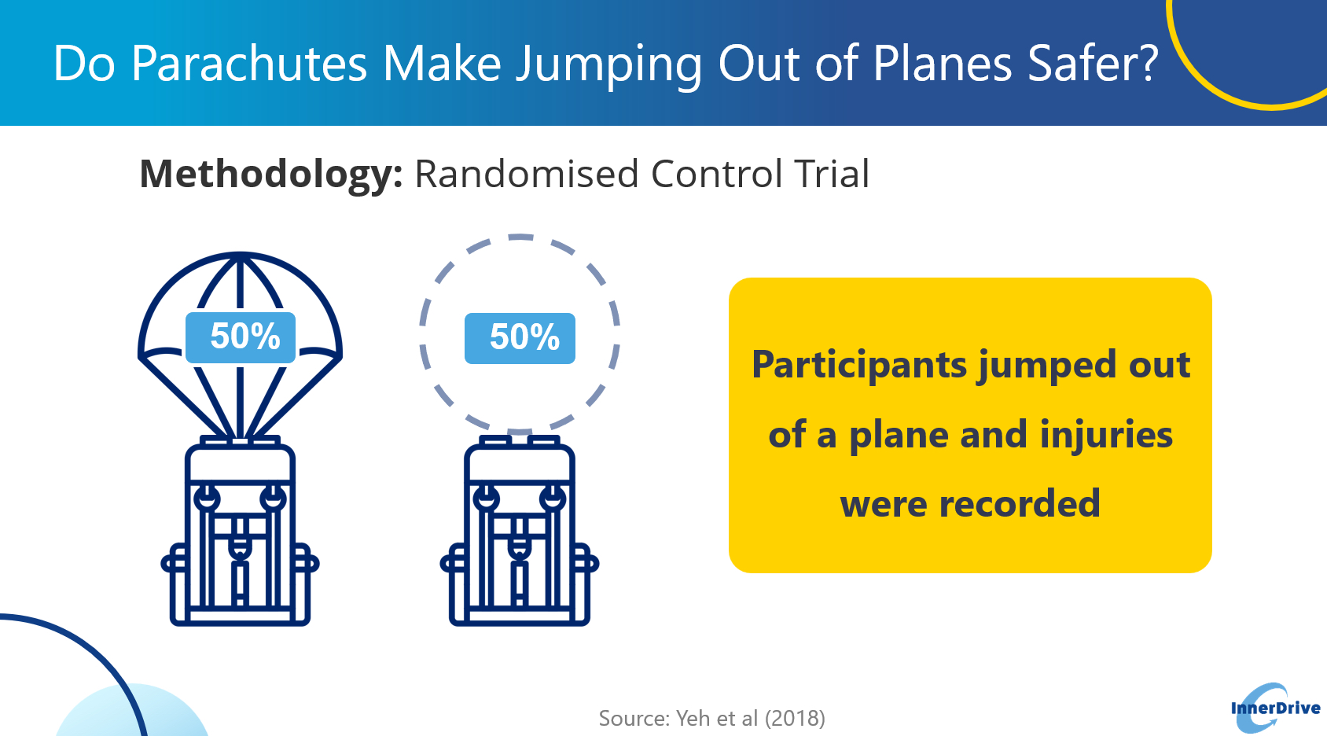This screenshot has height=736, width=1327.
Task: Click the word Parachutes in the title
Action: (x=249, y=64)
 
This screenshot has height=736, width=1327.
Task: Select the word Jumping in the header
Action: (x=609, y=66)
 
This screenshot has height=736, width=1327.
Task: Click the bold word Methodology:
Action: (x=271, y=175)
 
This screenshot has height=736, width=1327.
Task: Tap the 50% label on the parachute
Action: (x=241, y=337)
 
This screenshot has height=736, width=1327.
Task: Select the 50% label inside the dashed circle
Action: (x=520, y=338)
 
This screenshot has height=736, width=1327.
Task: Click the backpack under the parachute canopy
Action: (x=240, y=531)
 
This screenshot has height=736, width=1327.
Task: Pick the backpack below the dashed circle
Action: (x=520, y=531)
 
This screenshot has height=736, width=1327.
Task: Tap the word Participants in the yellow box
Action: (x=859, y=366)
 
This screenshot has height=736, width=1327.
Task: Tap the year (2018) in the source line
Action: (x=795, y=718)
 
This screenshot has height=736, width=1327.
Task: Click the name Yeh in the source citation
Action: (x=693, y=718)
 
